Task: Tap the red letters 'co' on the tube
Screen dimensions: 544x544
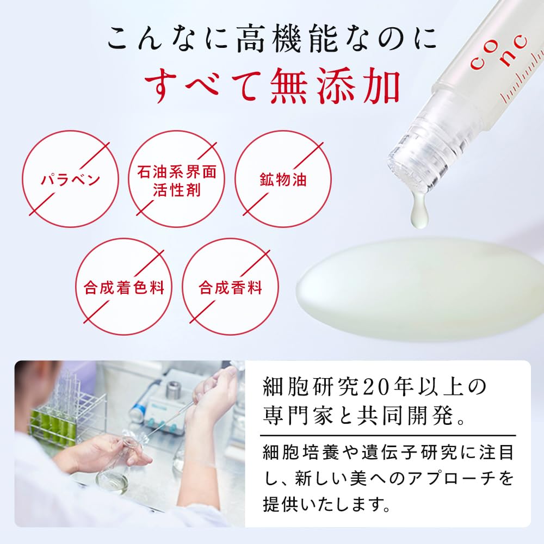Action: coord(478,57)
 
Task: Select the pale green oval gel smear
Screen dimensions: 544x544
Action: coord(419,288)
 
